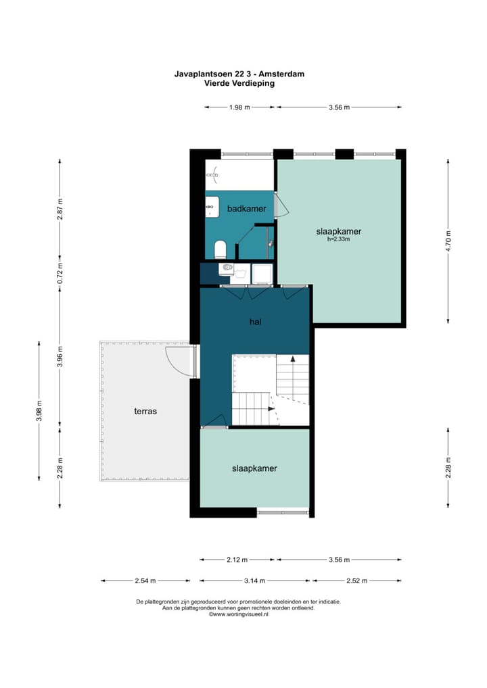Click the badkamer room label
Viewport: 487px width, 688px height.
point(246,209)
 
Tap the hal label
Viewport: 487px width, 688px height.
point(255,322)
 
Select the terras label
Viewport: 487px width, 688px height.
point(145,412)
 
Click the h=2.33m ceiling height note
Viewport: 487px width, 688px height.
point(339,239)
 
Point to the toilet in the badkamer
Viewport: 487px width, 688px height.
point(220,249)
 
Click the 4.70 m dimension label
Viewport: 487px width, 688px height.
point(448,241)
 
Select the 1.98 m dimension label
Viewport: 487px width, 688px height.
point(239,107)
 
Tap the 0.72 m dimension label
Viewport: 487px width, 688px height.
point(60,273)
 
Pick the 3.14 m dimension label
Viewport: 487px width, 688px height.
point(255,581)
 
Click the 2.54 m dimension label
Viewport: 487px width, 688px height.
point(145,581)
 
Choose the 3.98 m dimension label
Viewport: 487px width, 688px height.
point(39,411)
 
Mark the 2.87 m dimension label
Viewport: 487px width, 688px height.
point(60,210)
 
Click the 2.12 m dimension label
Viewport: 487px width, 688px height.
point(237,560)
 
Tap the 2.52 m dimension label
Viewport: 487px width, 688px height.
point(356,581)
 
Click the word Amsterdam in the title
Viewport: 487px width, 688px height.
point(283,74)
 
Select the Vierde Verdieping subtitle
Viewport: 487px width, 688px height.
point(239,83)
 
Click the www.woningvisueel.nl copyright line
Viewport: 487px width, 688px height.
point(239,615)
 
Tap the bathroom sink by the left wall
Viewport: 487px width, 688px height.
point(212,206)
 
